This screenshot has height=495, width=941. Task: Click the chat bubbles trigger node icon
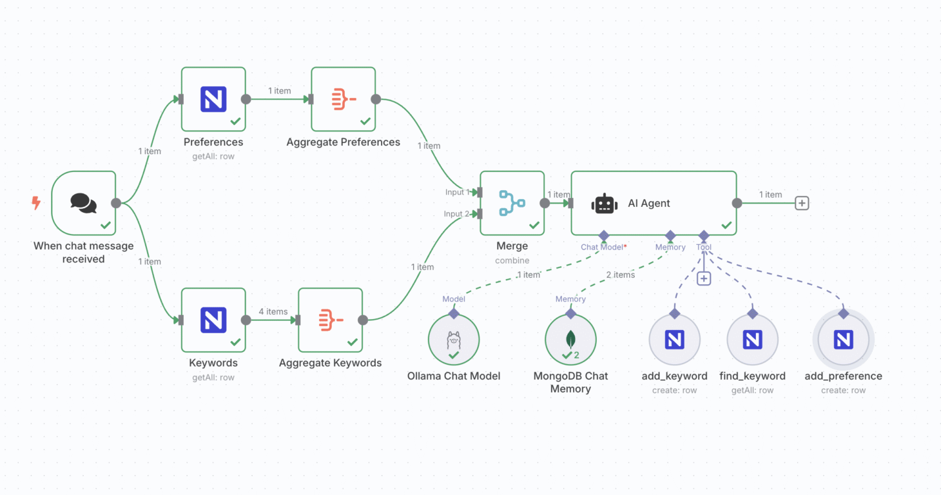(x=83, y=202)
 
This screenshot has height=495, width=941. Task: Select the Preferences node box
(x=213, y=99)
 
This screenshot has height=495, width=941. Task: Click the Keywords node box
(x=213, y=320)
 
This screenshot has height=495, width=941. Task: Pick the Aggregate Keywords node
(x=331, y=320)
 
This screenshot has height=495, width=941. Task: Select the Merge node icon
(x=512, y=202)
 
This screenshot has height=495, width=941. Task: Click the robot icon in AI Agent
(x=604, y=203)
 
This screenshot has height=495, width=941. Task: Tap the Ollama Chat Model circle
(x=454, y=340)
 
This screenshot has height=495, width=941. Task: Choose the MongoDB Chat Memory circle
(x=570, y=340)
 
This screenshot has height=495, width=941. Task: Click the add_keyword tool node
(x=674, y=340)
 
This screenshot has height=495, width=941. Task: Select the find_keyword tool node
(x=752, y=340)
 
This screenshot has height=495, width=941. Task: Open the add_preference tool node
(x=843, y=340)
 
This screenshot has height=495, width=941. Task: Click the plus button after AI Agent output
(x=802, y=203)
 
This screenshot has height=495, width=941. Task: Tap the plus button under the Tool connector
(x=704, y=278)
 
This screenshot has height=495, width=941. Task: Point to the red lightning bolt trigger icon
(x=36, y=203)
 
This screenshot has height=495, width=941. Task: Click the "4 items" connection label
(x=273, y=311)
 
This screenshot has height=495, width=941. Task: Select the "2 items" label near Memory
(x=621, y=275)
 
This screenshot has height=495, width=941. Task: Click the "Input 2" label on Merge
(x=457, y=214)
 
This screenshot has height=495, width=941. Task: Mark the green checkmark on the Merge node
(x=534, y=225)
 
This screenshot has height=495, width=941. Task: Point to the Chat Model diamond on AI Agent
(x=603, y=235)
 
